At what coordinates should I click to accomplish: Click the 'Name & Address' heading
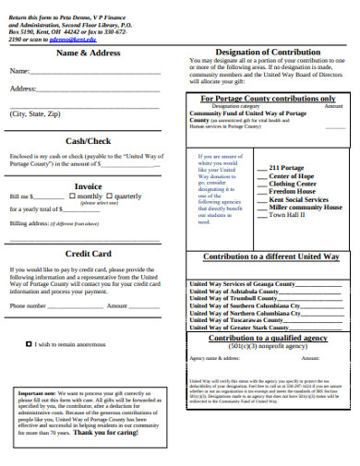tap(88, 53)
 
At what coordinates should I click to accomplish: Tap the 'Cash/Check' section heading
tap(88, 140)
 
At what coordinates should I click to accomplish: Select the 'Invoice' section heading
tap(88, 185)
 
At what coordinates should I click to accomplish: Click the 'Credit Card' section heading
tap(88, 253)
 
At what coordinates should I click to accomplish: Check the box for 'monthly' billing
tap(74, 197)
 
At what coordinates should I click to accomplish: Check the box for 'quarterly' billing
tap(111, 197)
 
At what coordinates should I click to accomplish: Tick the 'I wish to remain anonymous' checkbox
tap(27, 344)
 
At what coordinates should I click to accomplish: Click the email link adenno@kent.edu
tap(68, 41)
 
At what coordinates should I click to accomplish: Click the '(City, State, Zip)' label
tap(34, 114)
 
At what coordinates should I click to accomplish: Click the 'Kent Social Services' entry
tap(299, 199)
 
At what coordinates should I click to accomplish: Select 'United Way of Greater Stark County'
tap(239, 328)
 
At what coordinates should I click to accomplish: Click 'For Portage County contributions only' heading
tap(268, 98)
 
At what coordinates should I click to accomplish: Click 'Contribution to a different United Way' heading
tap(270, 256)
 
